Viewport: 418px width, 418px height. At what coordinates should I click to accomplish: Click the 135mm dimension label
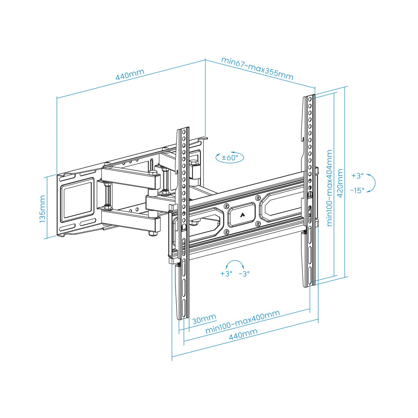(42, 209)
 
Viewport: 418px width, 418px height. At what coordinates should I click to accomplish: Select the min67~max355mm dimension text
(257, 68)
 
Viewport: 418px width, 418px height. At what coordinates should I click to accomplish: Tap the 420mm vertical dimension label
(340, 183)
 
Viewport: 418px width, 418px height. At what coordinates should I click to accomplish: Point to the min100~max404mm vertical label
(329, 188)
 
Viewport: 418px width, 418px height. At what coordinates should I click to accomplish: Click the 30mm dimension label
(204, 319)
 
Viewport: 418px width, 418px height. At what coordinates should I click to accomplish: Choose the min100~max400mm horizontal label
(243, 322)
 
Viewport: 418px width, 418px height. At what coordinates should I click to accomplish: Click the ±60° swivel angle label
(230, 158)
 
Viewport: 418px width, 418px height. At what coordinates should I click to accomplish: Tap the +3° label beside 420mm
(357, 176)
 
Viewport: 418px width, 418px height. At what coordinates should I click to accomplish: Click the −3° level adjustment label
(244, 274)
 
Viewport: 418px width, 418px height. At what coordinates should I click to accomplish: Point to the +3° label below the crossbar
(226, 274)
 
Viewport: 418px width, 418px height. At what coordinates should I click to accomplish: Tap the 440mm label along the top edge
(130, 74)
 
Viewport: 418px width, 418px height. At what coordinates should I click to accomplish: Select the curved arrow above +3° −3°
(235, 263)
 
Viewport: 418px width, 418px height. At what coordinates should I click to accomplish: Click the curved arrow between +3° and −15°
(372, 183)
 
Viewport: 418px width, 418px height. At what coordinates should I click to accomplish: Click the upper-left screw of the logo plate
(226, 206)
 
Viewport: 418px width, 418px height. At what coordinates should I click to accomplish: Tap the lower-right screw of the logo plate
(258, 223)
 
